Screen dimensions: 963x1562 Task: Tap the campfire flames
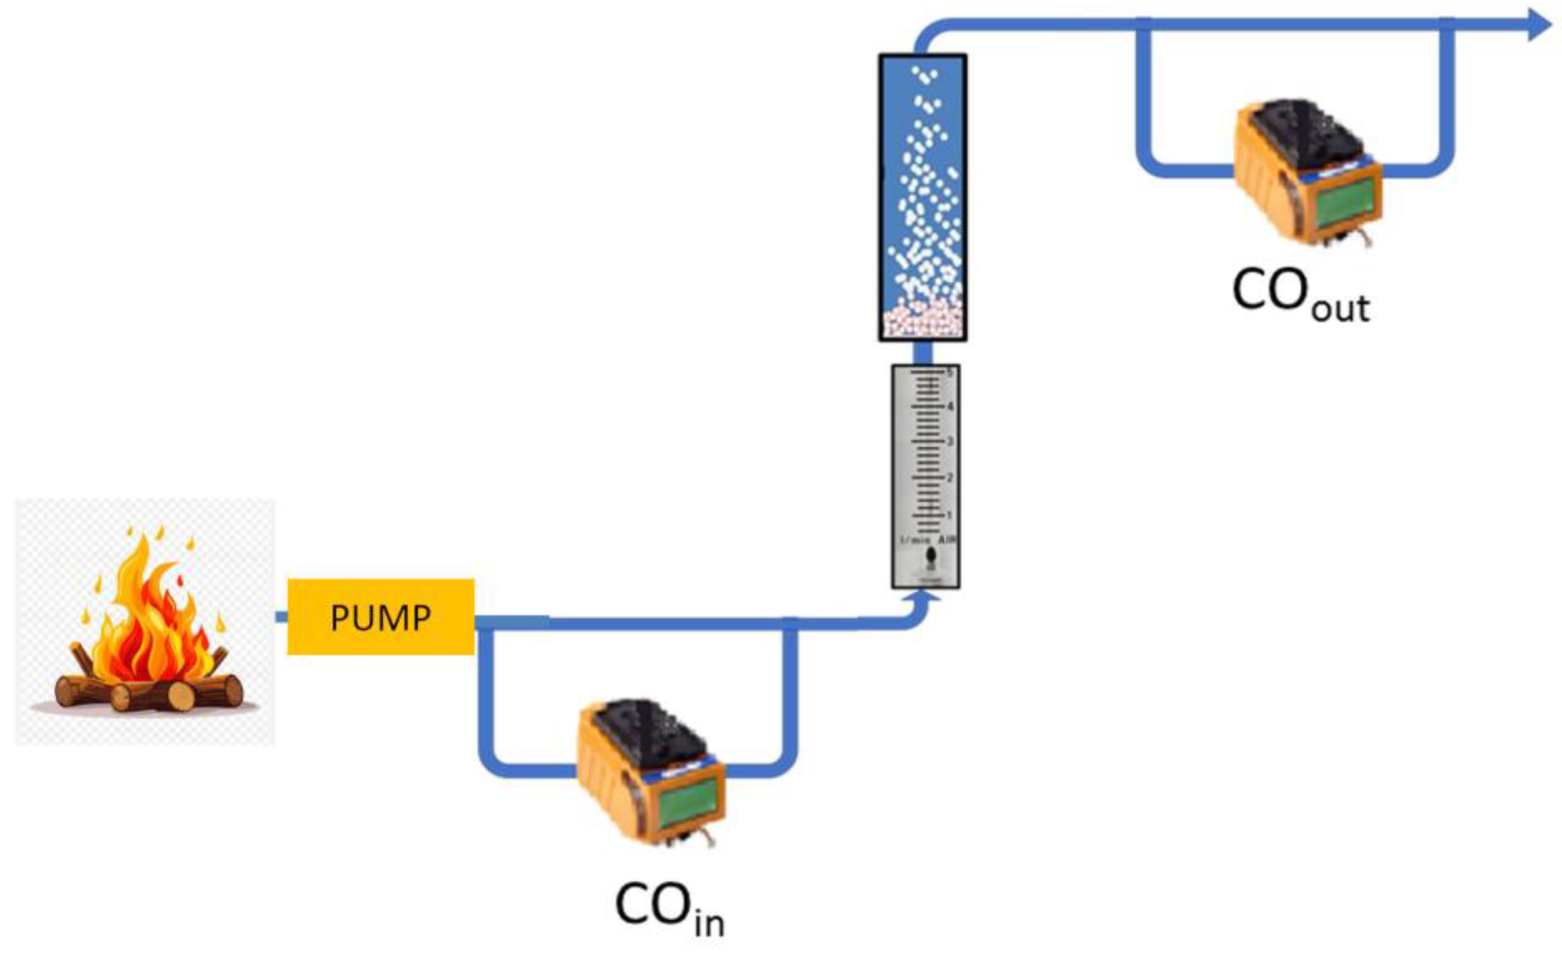pos(150,618)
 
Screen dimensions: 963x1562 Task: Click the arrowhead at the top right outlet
pos(1539,25)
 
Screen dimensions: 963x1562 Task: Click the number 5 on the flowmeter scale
pos(950,372)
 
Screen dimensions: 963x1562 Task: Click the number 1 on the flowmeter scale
pos(949,514)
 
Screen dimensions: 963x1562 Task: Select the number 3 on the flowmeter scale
pos(949,441)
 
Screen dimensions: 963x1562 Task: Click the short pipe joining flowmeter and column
pos(923,353)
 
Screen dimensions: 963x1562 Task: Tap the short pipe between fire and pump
pos(281,616)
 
